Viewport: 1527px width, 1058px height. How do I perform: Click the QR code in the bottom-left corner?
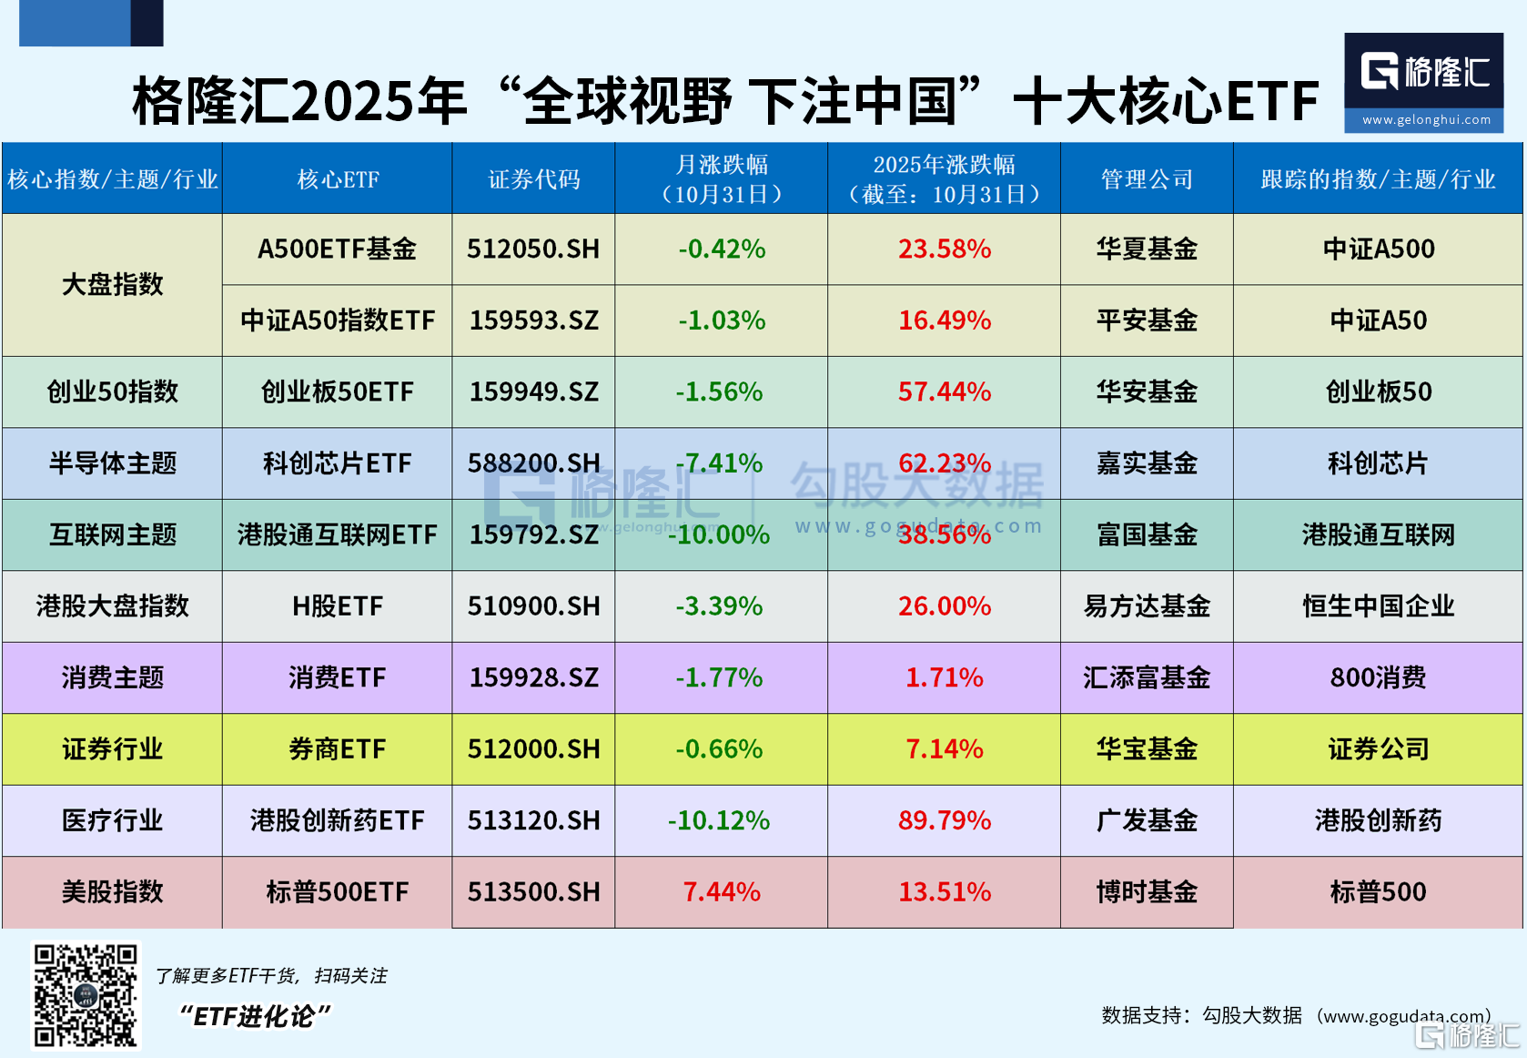tap(86, 995)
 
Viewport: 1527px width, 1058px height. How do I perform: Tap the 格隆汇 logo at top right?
tap(1424, 72)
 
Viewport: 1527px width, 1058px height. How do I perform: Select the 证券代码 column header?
tap(533, 179)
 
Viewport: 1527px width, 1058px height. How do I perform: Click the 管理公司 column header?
tap(1147, 179)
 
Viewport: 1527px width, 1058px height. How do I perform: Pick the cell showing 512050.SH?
tap(533, 249)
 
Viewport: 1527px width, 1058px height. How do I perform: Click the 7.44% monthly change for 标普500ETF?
tap(722, 891)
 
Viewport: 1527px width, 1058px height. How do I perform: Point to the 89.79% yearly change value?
tap(944, 820)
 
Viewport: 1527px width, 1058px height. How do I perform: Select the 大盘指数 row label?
tap(112, 284)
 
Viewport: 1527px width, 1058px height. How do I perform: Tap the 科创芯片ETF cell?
tap(337, 463)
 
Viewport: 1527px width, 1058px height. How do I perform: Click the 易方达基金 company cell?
tap(1147, 606)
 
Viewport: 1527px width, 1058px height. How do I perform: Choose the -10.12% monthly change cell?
tap(719, 820)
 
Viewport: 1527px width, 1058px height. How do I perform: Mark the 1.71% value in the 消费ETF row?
tap(944, 677)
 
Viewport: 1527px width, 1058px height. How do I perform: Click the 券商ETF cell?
tap(337, 749)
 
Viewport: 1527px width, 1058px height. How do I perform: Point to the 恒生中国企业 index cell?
tap(1378, 606)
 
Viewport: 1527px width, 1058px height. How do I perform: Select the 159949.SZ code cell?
tap(533, 392)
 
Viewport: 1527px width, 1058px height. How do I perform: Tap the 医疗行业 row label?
tap(112, 820)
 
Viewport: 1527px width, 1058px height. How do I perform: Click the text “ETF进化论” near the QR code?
tap(254, 1016)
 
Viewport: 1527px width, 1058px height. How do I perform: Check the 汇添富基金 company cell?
tap(1147, 677)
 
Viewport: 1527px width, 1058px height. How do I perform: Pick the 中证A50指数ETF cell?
tap(337, 320)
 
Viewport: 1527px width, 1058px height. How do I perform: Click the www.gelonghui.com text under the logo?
tap(1426, 120)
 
